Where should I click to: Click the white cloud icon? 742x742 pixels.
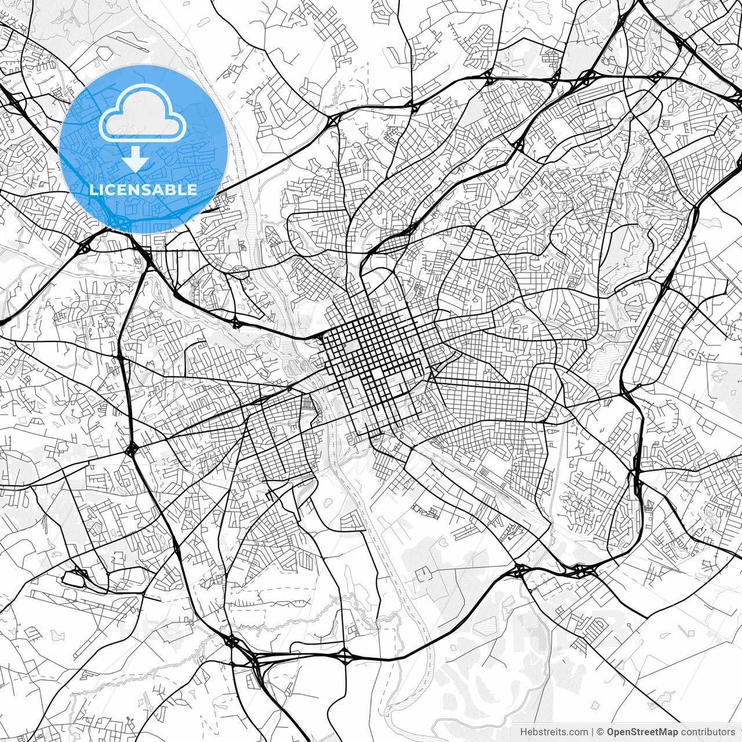coord(143,114)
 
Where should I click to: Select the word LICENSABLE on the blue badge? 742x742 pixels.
coord(143,190)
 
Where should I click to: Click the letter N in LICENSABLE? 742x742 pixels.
coord(144,190)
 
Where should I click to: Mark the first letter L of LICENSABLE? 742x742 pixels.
coord(93,190)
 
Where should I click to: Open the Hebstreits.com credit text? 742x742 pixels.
coord(554,732)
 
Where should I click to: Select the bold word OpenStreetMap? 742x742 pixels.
coord(642,732)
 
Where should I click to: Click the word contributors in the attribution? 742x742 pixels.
coord(708,732)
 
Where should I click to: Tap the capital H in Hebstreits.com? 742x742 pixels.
coord(524,732)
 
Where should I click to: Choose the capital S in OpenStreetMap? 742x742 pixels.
coord(635,732)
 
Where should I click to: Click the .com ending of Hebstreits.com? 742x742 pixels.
coord(578,732)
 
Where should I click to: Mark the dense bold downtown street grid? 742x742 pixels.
coord(371,354)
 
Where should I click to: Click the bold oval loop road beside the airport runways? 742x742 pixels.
coord(75,577)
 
